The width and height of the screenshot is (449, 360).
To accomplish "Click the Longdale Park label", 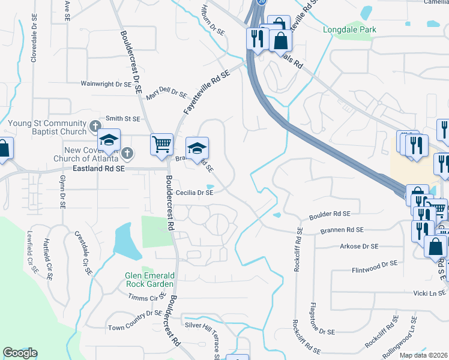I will coord(349,29).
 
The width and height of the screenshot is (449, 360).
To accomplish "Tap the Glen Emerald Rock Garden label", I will coord(149,280).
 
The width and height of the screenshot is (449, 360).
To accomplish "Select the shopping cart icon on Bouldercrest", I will coord(161,144).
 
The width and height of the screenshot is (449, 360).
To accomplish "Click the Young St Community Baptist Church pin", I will coord(94,126).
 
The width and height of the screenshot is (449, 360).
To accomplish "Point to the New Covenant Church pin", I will coord(127,153).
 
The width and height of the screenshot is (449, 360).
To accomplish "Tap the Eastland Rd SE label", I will coord(98,170).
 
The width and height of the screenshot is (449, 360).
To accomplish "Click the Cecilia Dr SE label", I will coord(194,193).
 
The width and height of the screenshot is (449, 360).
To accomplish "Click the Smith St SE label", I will coord(122,119).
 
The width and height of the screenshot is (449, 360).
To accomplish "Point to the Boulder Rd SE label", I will coord(330,214).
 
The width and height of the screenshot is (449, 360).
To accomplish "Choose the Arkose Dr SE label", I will coord(359,246).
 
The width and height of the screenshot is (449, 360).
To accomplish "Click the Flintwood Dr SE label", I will coord(375,263).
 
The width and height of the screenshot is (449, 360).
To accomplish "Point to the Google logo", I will coord(20,353).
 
